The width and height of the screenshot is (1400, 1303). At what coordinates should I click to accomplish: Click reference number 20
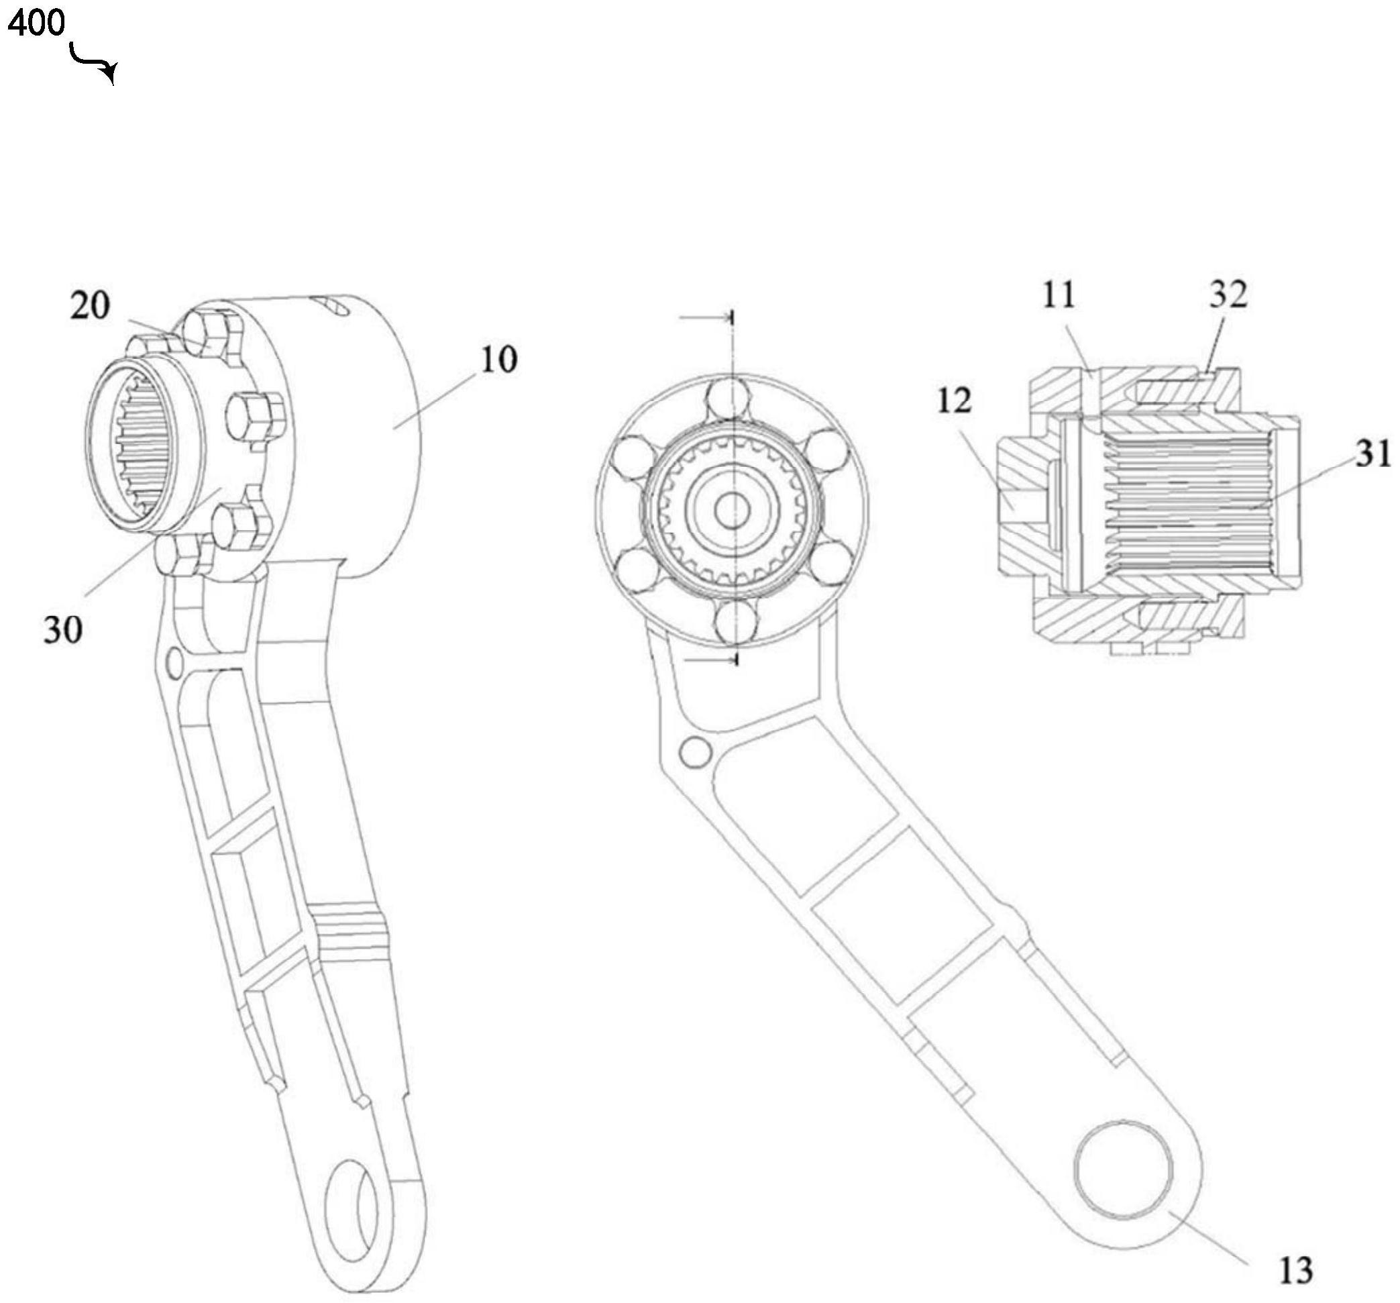(90, 307)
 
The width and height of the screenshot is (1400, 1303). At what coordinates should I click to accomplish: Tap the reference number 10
(498, 359)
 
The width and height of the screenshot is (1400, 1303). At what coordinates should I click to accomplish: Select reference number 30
(62, 629)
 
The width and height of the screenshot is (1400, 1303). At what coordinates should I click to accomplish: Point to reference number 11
(1059, 295)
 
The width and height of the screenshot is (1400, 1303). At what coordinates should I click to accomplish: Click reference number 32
(1229, 295)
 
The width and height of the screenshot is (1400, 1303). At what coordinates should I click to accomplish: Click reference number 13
(1295, 1270)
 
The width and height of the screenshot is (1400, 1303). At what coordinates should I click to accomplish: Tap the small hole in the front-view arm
(696, 751)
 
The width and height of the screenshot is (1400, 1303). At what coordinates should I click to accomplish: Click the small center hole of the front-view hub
(733, 510)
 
